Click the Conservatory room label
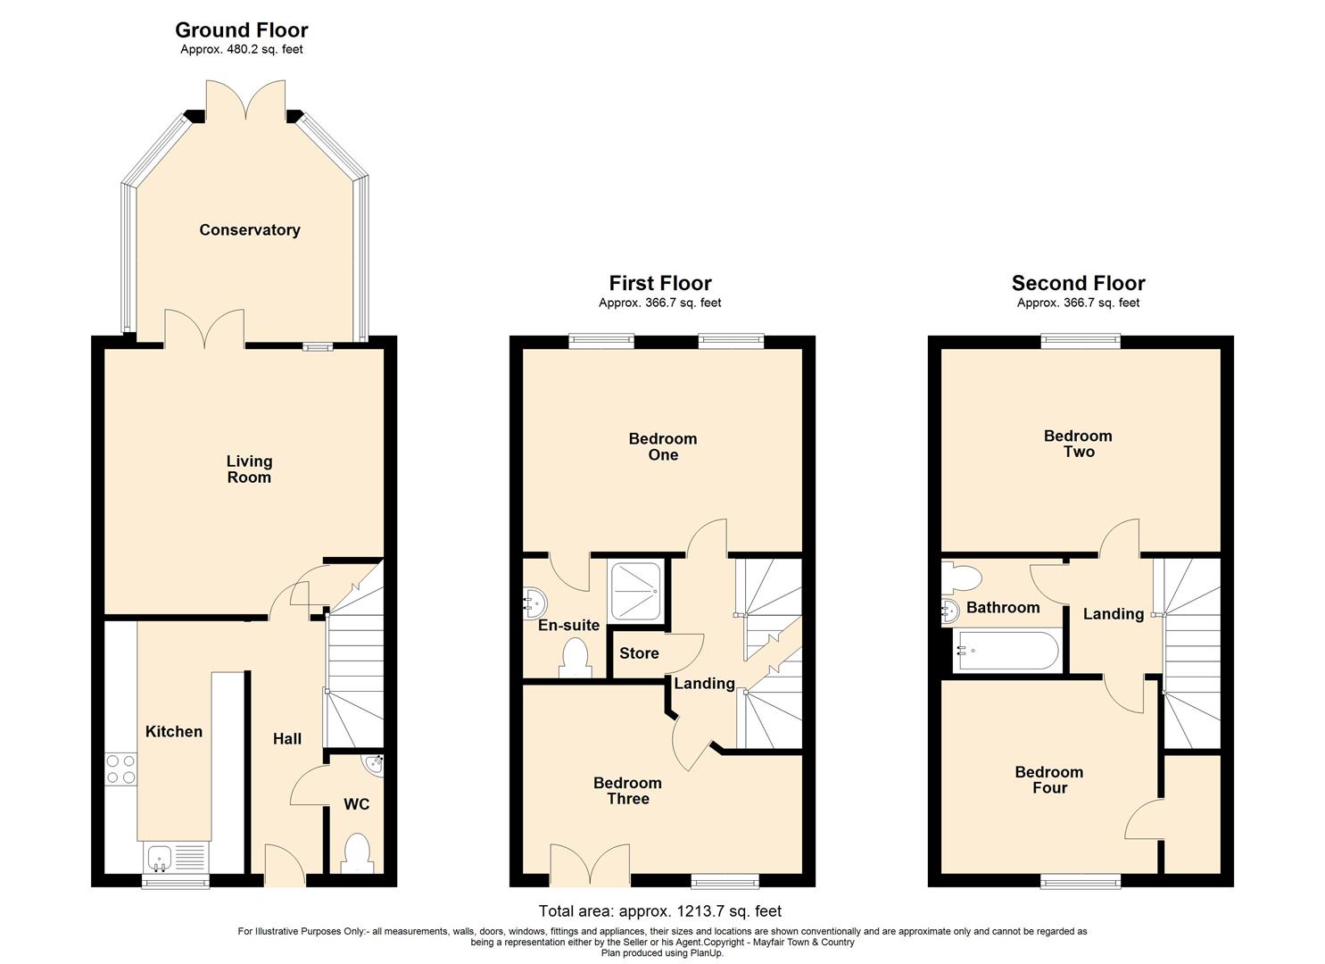(249, 230)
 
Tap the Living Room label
(249, 470)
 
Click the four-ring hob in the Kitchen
(120, 769)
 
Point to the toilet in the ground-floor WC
(357, 853)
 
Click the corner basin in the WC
(374, 766)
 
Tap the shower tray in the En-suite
(635, 592)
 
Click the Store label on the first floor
(639, 653)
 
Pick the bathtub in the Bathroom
(1006, 652)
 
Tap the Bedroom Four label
(1049, 780)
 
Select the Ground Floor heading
(241, 30)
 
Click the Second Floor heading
(1078, 284)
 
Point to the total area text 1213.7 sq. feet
(660, 911)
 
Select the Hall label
(287, 739)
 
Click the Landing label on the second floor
(1113, 614)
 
